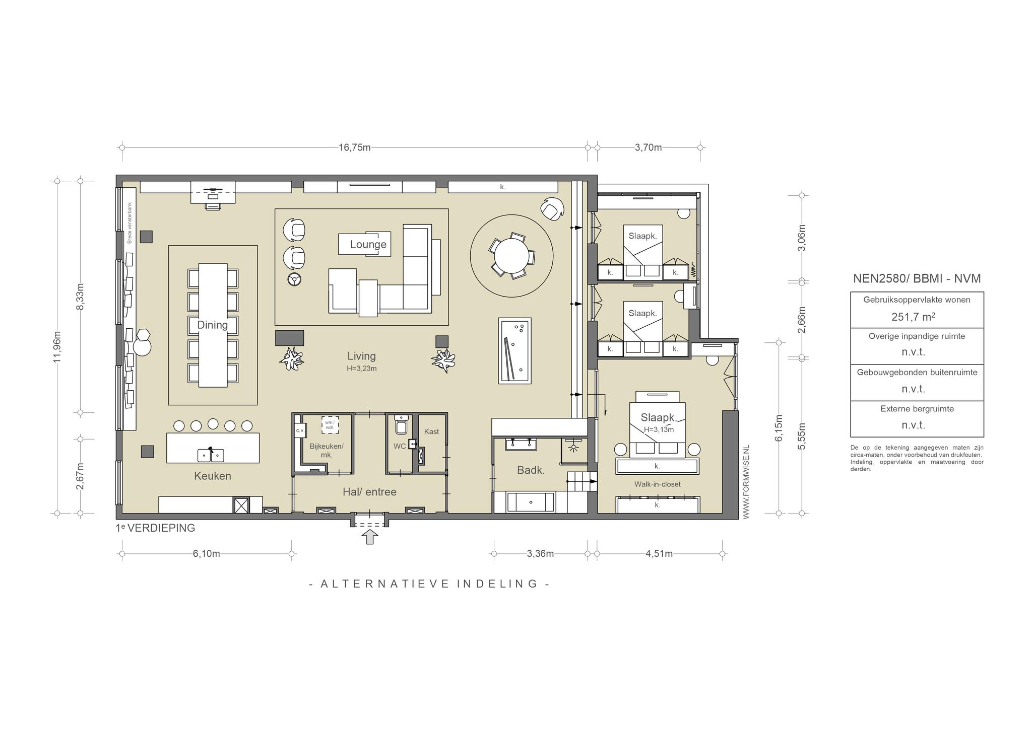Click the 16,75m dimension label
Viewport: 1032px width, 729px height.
click(355, 148)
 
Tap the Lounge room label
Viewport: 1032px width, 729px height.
click(368, 245)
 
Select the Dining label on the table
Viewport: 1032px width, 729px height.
click(213, 325)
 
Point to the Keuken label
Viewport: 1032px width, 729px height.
click(213, 476)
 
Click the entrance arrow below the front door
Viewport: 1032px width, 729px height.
click(371, 537)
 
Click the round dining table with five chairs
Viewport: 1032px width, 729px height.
click(511, 255)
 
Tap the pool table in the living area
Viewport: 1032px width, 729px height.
click(514, 350)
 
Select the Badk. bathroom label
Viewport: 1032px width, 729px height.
click(531, 470)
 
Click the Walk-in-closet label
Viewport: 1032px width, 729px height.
click(658, 484)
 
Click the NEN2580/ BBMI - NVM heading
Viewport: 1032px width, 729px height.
click(917, 278)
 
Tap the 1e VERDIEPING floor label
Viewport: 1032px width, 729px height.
click(155, 528)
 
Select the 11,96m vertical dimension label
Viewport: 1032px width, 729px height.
click(57, 346)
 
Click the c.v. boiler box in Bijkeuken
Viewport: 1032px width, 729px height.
click(300, 430)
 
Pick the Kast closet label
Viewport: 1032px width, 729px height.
click(431, 431)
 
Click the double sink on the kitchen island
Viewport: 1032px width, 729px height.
click(211, 455)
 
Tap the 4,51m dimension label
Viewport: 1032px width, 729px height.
click(659, 554)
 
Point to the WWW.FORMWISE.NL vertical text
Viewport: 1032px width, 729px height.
click(746, 482)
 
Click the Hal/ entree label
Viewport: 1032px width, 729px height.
click(370, 492)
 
